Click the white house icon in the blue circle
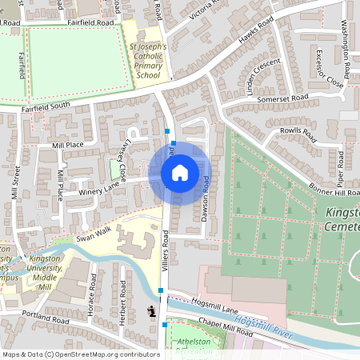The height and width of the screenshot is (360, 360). point(179,173)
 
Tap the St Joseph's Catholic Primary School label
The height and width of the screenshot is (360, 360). point(148,61)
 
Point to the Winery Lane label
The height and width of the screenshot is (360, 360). point(99,189)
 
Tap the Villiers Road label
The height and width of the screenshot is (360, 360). point(166,250)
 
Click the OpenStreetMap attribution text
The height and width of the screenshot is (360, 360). point(70,354)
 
